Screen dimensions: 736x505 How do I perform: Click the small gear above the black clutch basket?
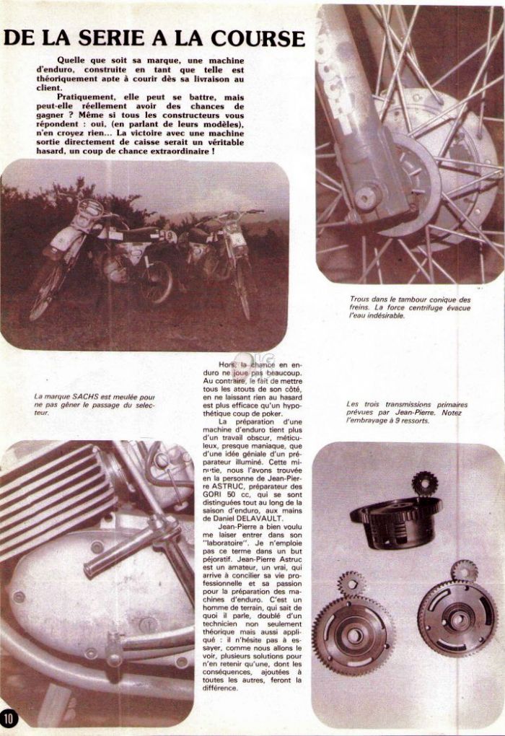[x=425, y=482]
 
